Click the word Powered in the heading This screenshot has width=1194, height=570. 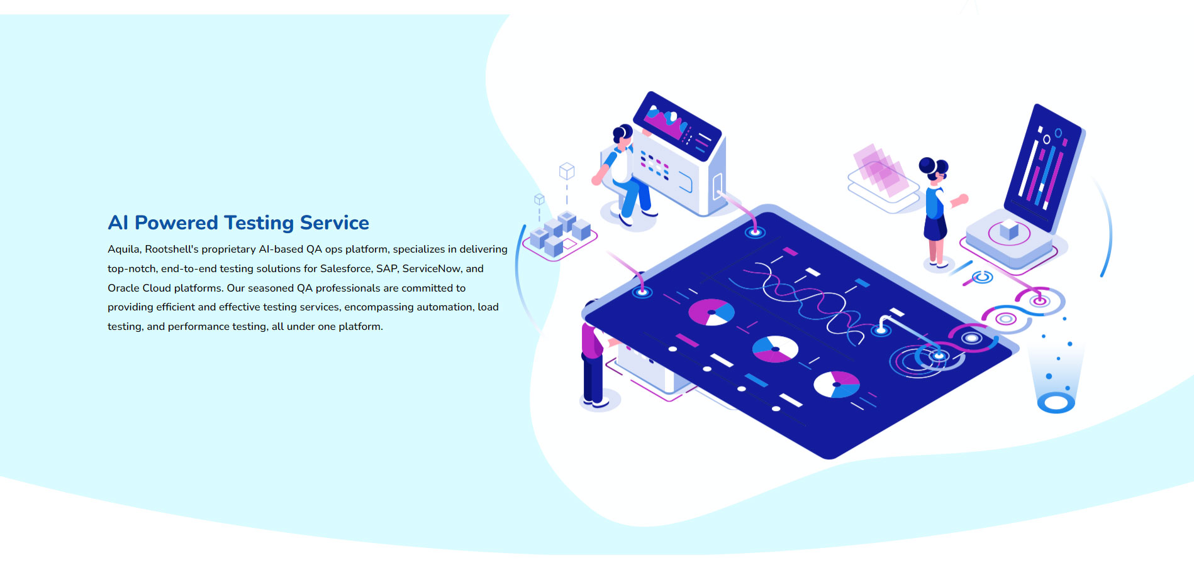[176, 222]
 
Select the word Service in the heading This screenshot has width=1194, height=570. [334, 222]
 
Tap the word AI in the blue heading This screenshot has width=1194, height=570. [118, 222]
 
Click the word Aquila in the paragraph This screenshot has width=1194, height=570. [123, 249]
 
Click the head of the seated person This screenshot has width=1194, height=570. [622, 135]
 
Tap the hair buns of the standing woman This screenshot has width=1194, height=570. [933, 166]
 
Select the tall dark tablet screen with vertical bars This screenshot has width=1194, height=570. [1045, 167]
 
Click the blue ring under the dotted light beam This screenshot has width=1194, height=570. [1056, 403]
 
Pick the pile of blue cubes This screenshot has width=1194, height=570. [561, 234]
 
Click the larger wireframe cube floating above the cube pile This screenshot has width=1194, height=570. [567, 171]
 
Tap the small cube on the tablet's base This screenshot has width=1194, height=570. [1009, 229]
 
